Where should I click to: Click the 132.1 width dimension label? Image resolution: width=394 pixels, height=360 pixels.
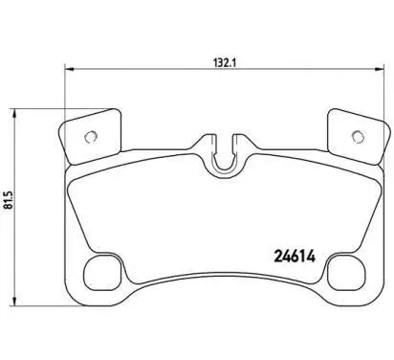coord(224,63)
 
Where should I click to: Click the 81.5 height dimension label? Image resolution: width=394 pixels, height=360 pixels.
coord(9,200)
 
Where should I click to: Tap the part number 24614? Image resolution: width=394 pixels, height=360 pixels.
coord(295,256)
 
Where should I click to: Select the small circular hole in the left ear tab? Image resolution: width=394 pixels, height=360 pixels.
coord(90,137)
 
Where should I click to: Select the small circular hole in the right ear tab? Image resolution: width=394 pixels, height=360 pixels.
coord(358,137)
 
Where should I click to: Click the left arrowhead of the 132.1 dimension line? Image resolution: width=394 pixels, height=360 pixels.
coord(69,69)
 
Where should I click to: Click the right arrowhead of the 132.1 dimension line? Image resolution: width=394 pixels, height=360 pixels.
coord(380,69)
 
